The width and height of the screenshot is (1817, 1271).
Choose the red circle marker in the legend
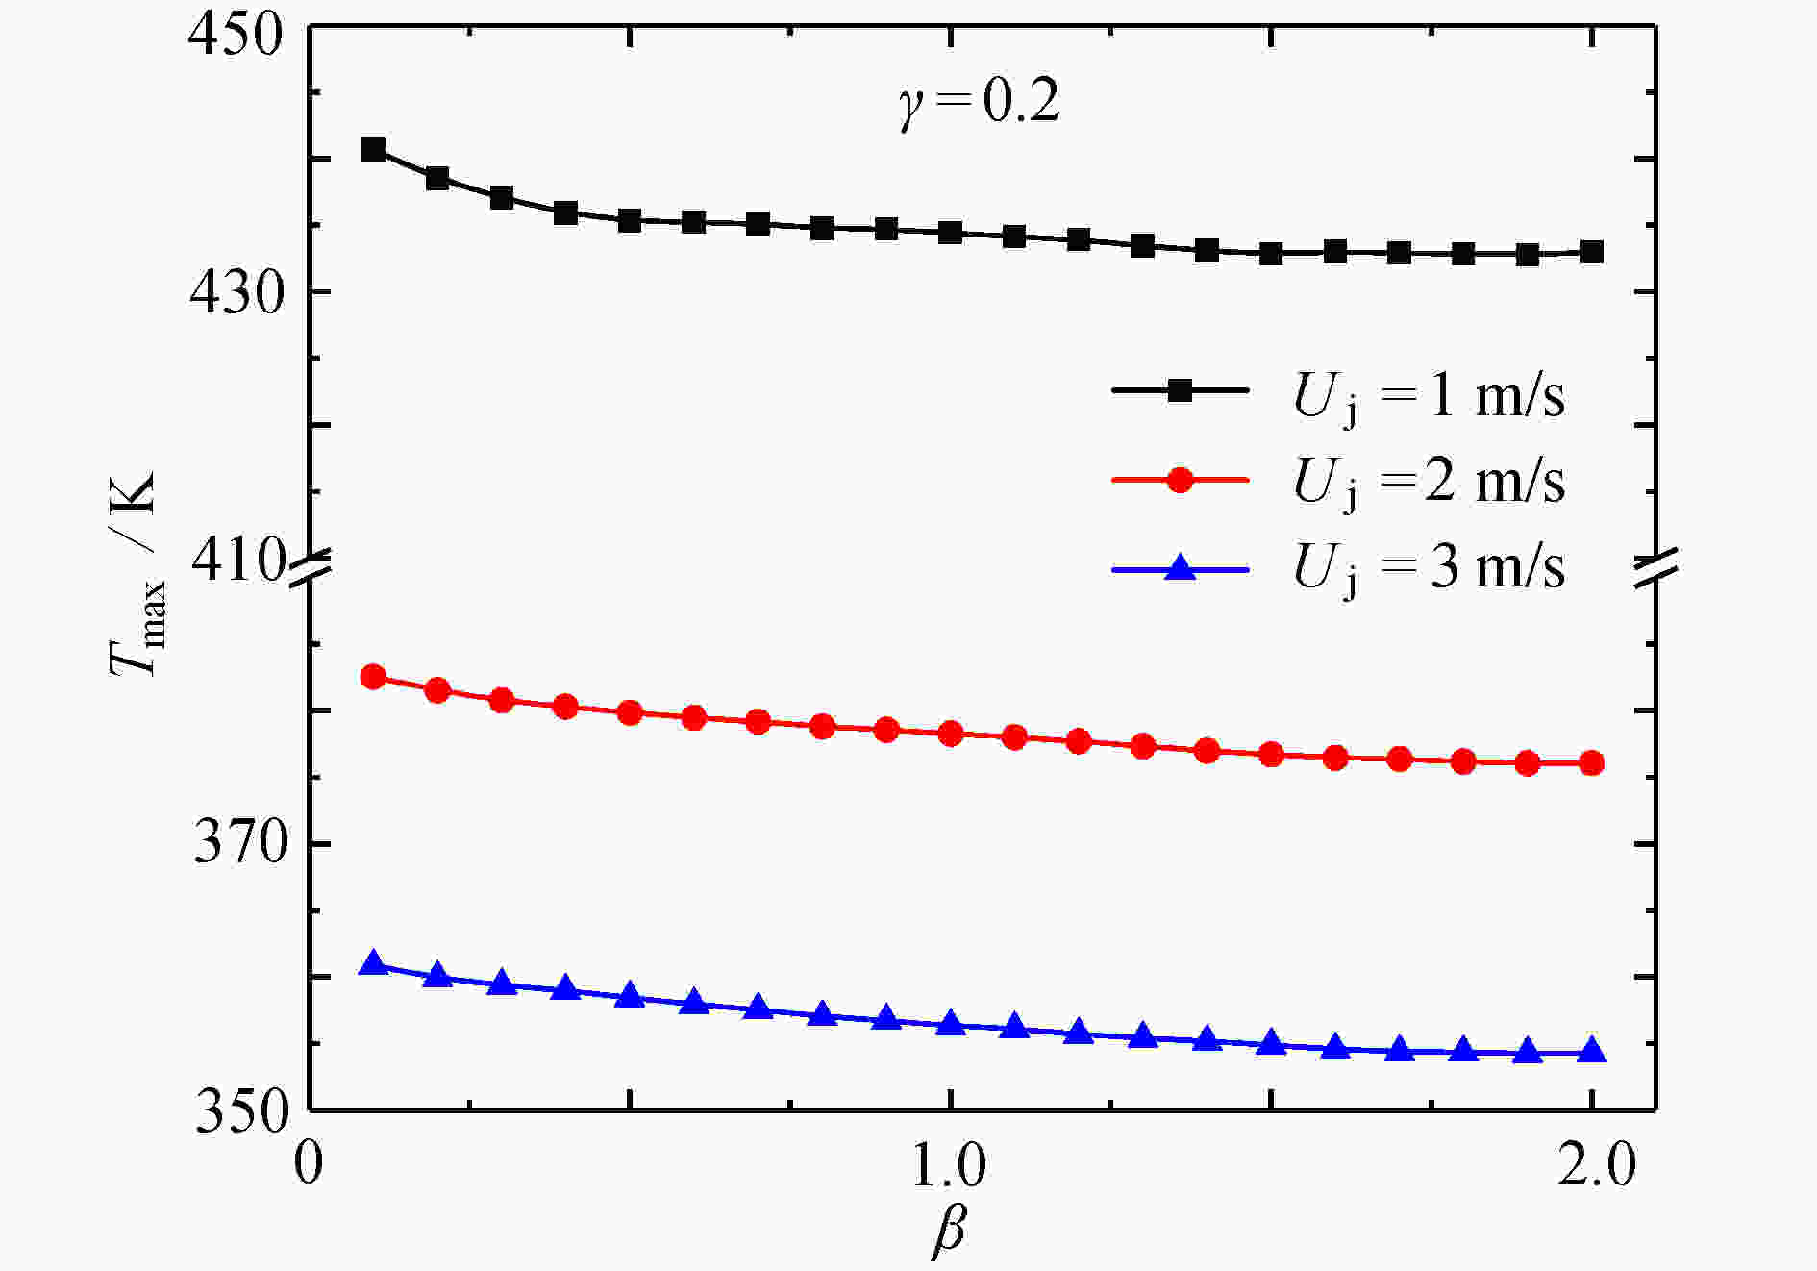1179,479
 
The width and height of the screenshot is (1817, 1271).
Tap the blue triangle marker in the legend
1179,568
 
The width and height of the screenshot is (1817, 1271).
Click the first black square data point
373,149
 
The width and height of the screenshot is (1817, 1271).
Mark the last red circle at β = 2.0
1592,763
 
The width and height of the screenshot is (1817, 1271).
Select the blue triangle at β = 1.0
951,1024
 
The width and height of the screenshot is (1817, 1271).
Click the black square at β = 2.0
1592,253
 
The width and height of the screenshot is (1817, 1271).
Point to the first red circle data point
373,677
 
